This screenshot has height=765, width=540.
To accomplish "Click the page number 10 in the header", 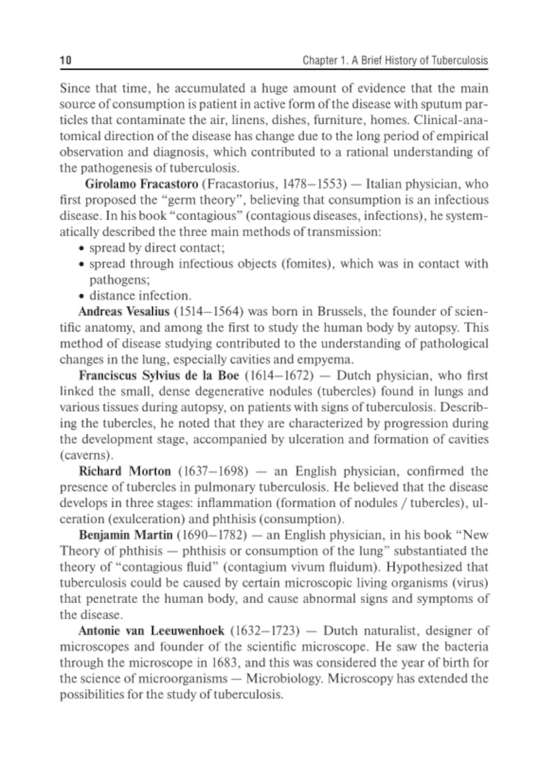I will click(65, 61).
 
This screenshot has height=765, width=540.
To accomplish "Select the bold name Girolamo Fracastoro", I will click(141, 184).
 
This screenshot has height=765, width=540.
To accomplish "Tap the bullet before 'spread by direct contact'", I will click(81, 249).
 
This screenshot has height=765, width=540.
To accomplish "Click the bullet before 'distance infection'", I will click(81, 296).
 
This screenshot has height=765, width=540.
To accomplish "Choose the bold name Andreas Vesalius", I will click(124, 312).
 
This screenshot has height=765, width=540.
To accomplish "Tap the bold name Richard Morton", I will click(125, 472).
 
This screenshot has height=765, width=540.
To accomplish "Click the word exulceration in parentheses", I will click(141, 520).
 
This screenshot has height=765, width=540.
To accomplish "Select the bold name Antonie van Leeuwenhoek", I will click(151, 631).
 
